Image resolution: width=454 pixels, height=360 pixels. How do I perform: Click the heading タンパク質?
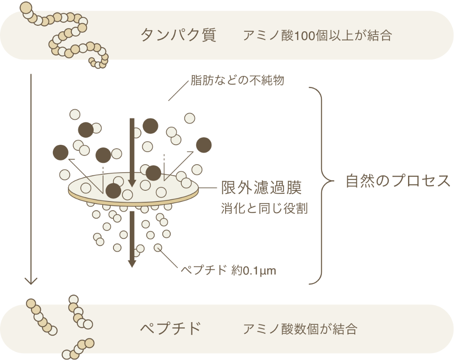[x=178, y=35]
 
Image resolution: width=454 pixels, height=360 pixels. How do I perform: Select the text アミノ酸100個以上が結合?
[x=317, y=36]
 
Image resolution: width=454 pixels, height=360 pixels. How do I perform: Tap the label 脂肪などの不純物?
[x=237, y=80]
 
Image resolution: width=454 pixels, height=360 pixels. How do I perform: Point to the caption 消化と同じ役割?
[x=264, y=208]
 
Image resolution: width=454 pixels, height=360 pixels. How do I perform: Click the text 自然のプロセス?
[x=399, y=181]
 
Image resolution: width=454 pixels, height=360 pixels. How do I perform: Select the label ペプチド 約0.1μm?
[x=229, y=270]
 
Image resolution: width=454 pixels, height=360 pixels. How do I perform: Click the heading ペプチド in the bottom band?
[x=171, y=329]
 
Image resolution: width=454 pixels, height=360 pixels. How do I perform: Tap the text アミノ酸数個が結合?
[x=300, y=329]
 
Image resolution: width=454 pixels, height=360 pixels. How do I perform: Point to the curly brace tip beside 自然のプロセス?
[x=334, y=181]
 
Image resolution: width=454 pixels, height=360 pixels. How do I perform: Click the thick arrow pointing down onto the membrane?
[x=132, y=153]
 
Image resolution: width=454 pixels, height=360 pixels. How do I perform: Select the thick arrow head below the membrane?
[x=132, y=263]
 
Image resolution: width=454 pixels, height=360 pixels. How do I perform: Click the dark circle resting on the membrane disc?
[x=113, y=191]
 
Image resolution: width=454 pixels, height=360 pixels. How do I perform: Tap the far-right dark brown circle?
[x=204, y=145]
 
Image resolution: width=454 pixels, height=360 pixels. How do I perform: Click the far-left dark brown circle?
[x=61, y=152]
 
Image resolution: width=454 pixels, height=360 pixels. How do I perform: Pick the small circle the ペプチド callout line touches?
[x=158, y=247]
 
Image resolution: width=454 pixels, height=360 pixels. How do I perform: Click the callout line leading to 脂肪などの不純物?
[x=178, y=91]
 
